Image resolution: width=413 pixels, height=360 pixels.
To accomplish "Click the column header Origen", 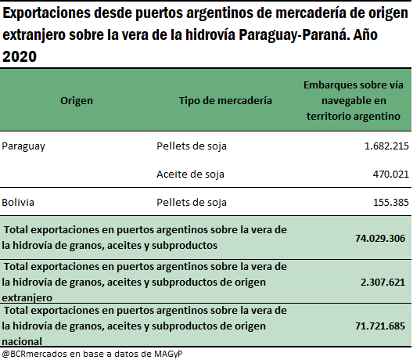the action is pos(77,101).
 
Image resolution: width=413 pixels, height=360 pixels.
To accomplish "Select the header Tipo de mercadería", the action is pos(225,101).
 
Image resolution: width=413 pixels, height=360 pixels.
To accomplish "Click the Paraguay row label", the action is pos(23,146).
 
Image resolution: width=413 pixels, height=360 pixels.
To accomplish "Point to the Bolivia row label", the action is pos(18,203).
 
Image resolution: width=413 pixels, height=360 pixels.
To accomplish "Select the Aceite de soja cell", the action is pos(190,175).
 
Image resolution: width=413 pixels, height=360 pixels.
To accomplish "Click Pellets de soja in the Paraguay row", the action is pos(192,146).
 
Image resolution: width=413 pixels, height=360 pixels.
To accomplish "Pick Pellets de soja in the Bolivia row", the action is pos(192,203).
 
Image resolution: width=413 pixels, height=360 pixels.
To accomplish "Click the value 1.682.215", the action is pos(386,146).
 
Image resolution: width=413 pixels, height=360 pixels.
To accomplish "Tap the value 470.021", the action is pos(391,175).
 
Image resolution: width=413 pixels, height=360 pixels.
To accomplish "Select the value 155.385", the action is pos(391,203).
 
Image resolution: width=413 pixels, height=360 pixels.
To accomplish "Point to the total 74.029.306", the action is pos(380,238).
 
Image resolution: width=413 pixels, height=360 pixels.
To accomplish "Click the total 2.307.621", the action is pos(382,283).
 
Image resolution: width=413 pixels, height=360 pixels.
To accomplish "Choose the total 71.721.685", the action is pos(380,326).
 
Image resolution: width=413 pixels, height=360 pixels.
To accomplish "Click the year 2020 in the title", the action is pos(20,56).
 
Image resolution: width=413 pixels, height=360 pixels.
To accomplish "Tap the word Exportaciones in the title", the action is pos(46,13).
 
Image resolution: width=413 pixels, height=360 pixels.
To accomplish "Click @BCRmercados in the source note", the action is pos(34,354).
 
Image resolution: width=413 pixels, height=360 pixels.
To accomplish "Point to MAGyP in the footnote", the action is pos(168,354).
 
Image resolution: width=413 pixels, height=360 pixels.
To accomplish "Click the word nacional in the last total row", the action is pos(22,342).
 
